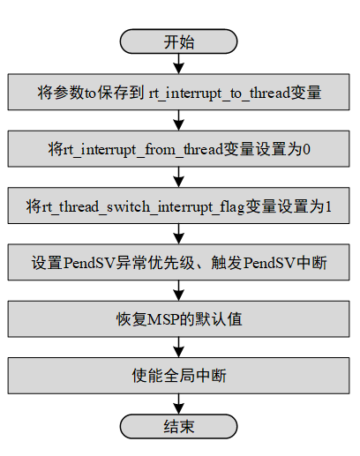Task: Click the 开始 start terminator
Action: pos(179,41)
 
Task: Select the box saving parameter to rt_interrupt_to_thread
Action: pos(179,91)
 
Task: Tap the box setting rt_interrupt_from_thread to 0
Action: pos(179,148)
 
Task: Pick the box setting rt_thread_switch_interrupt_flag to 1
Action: pos(179,206)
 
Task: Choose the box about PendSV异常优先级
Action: pos(179,263)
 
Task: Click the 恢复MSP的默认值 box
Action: pos(179,319)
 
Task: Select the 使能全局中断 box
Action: pos(179,377)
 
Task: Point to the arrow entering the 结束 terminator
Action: pos(179,403)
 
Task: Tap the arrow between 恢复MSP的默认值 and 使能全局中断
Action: pos(179,348)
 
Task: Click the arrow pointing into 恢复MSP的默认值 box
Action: pos(179,291)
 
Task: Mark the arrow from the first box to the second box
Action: pos(179,120)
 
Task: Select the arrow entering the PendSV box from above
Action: pos(179,235)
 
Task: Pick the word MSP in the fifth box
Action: pos(170,319)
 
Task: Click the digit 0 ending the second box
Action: pos(306,148)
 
